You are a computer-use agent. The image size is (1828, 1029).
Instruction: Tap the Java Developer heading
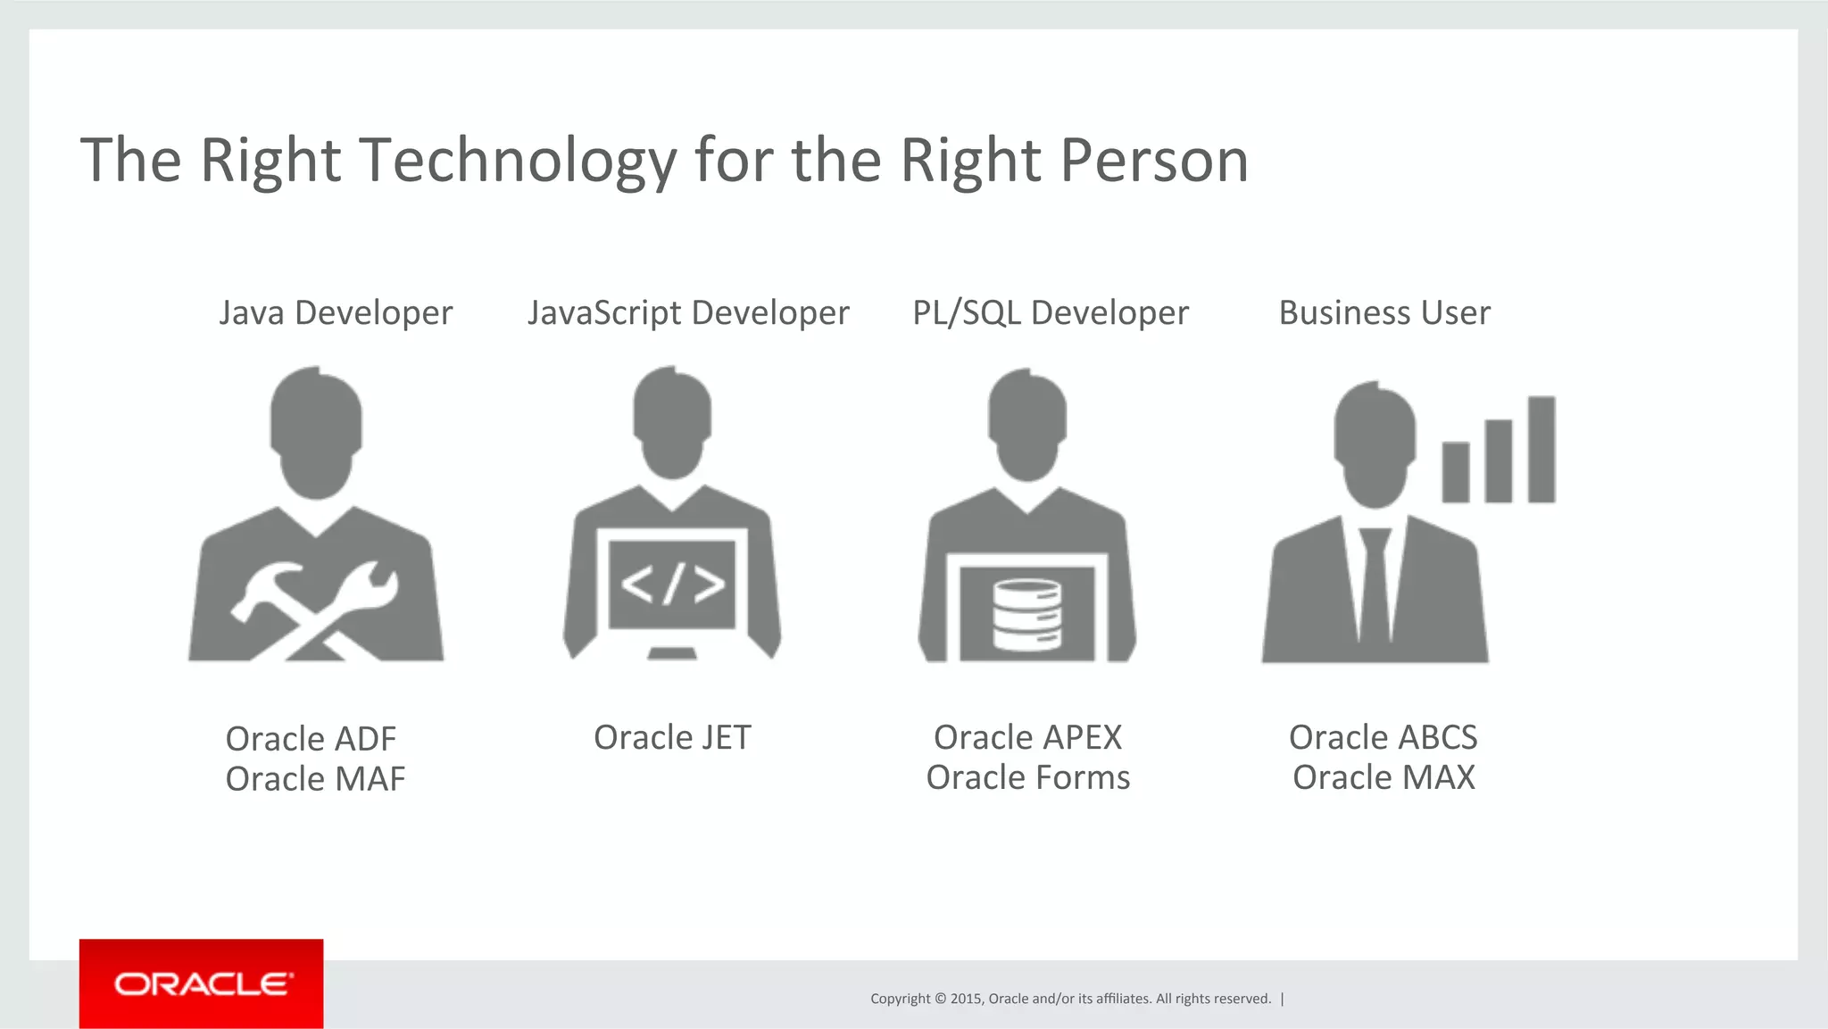click(x=336, y=313)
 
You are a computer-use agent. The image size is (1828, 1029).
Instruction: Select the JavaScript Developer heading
click(x=688, y=313)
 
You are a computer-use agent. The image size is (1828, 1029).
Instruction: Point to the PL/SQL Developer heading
click(x=1051, y=313)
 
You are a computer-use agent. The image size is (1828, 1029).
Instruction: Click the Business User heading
click(x=1384, y=313)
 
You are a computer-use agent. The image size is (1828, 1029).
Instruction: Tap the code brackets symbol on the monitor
click(x=672, y=585)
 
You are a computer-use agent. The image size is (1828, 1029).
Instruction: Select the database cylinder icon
click(x=1027, y=615)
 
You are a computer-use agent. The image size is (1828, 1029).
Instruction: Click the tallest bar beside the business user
click(x=1541, y=449)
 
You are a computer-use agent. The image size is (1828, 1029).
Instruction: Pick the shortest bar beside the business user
click(x=1456, y=472)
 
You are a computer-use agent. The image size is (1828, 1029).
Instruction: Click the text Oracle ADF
click(x=311, y=739)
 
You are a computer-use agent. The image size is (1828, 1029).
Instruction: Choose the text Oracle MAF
click(x=315, y=779)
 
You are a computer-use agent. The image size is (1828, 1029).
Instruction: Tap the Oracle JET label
click(x=672, y=738)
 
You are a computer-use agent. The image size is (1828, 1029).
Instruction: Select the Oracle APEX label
click(x=1027, y=738)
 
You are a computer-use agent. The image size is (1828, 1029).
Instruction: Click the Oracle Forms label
click(x=1027, y=778)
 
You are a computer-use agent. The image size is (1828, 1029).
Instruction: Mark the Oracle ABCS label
click(x=1383, y=738)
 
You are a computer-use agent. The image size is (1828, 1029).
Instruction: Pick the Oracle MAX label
click(x=1383, y=778)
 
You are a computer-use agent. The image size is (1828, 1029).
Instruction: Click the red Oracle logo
click(x=202, y=983)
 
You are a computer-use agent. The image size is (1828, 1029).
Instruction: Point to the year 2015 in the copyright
click(x=966, y=999)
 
